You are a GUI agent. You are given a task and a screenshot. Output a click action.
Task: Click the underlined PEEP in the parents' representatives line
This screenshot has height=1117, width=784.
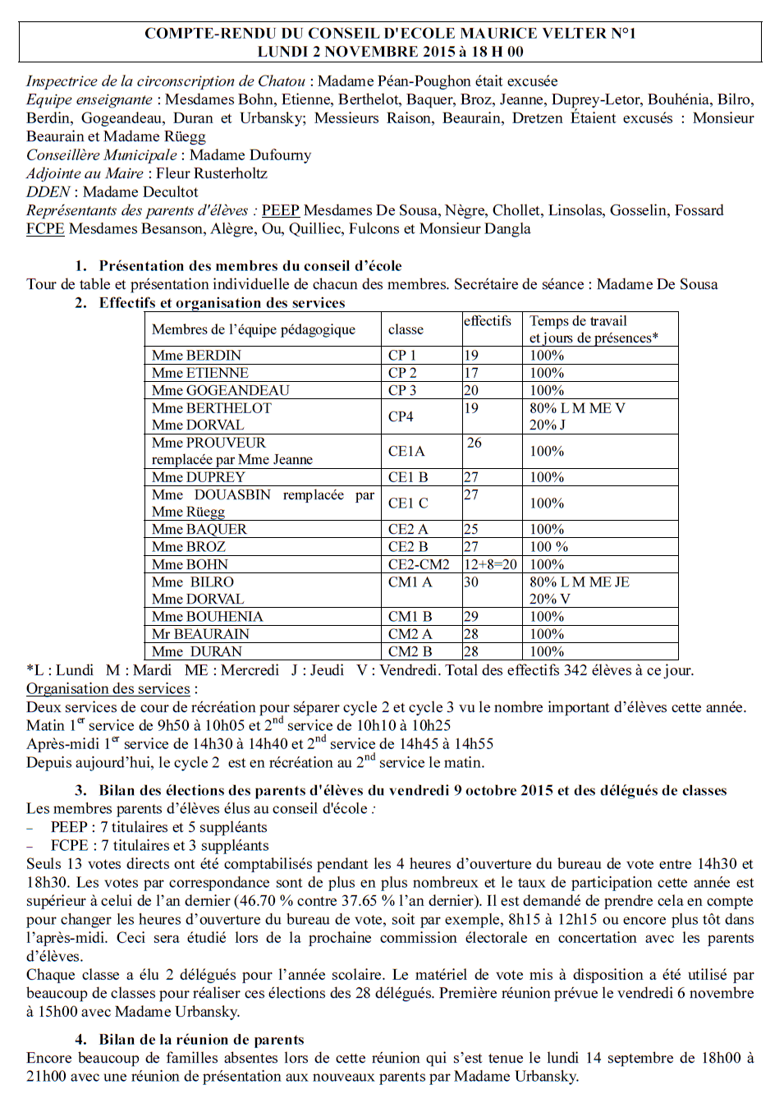pos(281,210)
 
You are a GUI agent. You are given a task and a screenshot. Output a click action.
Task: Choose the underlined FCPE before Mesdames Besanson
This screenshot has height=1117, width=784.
pos(45,229)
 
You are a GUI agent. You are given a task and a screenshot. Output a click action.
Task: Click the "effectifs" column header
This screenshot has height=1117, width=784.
pos(488,321)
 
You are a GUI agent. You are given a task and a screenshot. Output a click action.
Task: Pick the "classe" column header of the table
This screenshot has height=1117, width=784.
pos(406,329)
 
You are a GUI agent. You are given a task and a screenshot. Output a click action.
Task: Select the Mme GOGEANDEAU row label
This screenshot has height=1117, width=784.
pos(220,391)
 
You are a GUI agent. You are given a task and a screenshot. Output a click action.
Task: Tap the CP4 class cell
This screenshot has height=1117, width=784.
pos(401,416)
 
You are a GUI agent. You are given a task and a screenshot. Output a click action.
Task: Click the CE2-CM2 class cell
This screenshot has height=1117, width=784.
pos(419,565)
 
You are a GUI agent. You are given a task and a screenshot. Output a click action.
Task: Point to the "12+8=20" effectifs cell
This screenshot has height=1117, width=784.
pos(490,565)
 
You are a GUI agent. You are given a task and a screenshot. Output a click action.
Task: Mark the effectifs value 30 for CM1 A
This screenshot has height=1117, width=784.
pos(471,582)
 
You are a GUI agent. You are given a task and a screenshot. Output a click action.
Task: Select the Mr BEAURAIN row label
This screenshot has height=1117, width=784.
pos(200,634)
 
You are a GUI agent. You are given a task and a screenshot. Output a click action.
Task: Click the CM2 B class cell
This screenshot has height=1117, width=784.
pos(410,652)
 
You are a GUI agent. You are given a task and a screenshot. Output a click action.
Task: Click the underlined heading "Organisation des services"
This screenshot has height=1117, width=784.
pos(108,689)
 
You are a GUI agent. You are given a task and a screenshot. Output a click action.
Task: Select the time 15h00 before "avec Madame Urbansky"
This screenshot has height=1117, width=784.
pos(57,1012)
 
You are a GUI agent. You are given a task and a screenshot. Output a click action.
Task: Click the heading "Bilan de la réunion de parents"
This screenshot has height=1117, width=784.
pos(201,1040)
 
